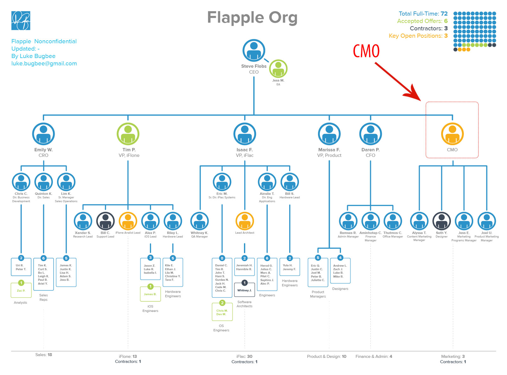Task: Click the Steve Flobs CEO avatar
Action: tap(253, 50)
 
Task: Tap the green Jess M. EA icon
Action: tap(278, 69)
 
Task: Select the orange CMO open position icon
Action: tap(452, 134)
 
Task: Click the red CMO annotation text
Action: tap(366, 51)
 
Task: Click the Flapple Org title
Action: tap(252, 18)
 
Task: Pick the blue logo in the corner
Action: tap(21, 21)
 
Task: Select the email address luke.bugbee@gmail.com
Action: tap(44, 63)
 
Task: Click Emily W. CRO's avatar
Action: tap(43, 134)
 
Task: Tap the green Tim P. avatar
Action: tap(128, 134)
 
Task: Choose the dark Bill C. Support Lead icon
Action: tap(105, 221)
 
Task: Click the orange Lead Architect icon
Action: tap(245, 221)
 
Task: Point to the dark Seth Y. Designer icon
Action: tap(441, 221)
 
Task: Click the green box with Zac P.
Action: tap(21, 290)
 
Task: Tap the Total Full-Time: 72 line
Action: tap(423, 14)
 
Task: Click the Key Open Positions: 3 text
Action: tap(418, 36)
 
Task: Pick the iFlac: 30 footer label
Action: tap(244, 356)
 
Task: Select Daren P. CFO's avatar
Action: tap(370, 134)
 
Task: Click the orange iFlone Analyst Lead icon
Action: tap(128, 221)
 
